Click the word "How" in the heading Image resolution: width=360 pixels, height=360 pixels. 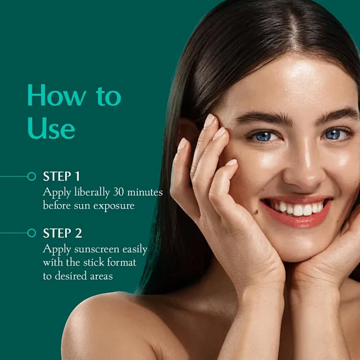click(x=57, y=95)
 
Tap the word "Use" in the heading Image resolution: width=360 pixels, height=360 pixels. click(x=51, y=128)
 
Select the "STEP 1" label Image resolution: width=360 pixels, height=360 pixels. click(x=61, y=176)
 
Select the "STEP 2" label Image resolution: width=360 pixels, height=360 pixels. click(x=62, y=233)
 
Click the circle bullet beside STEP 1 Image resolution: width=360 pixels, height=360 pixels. click(x=32, y=176)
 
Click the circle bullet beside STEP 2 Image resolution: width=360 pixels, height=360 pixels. click(x=32, y=233)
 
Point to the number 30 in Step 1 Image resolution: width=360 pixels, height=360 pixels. click(x=119, y=191)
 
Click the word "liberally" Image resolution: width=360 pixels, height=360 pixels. click(x=92, y=192)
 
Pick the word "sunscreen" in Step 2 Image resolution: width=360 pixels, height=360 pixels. click(x=97, y=249)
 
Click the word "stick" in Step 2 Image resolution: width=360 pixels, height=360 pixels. click(x=94, y=262)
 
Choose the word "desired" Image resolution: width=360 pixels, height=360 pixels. click(x=71, y=276)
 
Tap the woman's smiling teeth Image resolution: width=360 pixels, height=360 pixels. click(x=299, y=208)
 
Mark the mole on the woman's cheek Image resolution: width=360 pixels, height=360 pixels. click(x=256, y=212)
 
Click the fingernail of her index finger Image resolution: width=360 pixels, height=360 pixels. click(x=209, y=121)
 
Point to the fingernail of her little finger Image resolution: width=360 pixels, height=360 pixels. click(x=231, y=162)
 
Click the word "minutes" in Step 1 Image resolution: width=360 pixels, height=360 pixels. click(x=145, y=192)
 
